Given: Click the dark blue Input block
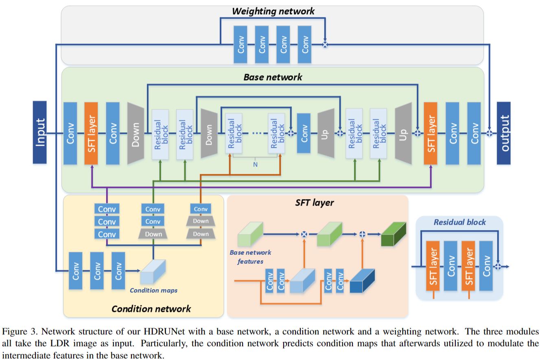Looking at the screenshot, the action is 40,132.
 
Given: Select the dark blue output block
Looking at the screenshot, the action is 504,133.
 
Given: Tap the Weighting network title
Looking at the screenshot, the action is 273,11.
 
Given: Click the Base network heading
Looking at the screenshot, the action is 273,77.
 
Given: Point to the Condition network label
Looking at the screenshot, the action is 151,309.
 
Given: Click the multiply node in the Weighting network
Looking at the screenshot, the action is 325,45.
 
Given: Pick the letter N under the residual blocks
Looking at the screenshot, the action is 255,165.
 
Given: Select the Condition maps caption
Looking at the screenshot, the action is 153,290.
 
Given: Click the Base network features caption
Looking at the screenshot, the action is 250,257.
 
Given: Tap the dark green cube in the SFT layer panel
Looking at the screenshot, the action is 394,234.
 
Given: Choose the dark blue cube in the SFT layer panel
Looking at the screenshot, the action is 362,281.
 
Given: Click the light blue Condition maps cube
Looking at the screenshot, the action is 153,272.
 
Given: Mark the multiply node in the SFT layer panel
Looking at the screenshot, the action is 304,234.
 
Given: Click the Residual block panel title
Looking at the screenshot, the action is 460,222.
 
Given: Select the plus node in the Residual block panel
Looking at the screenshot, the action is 498,266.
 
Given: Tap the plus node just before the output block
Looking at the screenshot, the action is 490,133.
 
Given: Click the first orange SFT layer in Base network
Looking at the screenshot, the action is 91,133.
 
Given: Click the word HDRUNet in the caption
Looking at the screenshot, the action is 164,331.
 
